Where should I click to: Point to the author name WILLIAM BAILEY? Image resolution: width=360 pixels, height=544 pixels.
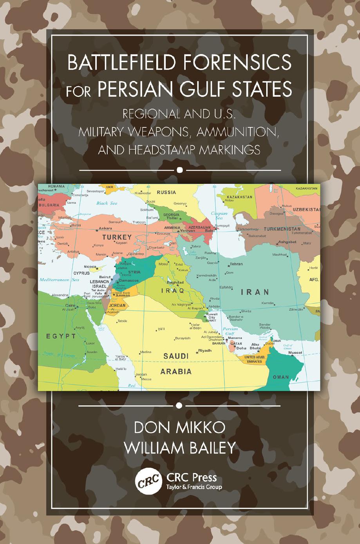coord(180,448)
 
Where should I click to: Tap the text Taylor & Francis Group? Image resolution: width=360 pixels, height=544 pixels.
coord(194,487)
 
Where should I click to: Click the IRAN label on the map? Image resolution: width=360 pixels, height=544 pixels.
coord(255,292)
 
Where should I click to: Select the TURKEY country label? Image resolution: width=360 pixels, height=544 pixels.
coord(117,238)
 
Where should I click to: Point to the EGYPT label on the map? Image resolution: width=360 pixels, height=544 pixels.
coord(61,336)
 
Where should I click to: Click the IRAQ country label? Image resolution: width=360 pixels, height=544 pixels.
coord(173,291)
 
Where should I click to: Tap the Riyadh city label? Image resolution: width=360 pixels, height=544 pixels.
coord(204,350)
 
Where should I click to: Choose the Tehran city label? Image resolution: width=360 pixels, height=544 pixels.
coord(236,264)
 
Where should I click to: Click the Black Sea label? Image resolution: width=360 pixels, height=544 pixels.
coord(107,203)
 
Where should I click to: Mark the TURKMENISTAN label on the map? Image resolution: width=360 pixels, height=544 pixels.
coord(282,229)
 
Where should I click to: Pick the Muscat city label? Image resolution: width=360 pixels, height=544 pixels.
coord(295,353)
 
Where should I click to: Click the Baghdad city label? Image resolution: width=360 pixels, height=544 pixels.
coord(175,282)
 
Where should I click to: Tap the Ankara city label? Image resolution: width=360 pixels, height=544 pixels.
coord(105,228)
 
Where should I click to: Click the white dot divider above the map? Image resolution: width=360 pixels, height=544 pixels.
coord(180,170)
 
